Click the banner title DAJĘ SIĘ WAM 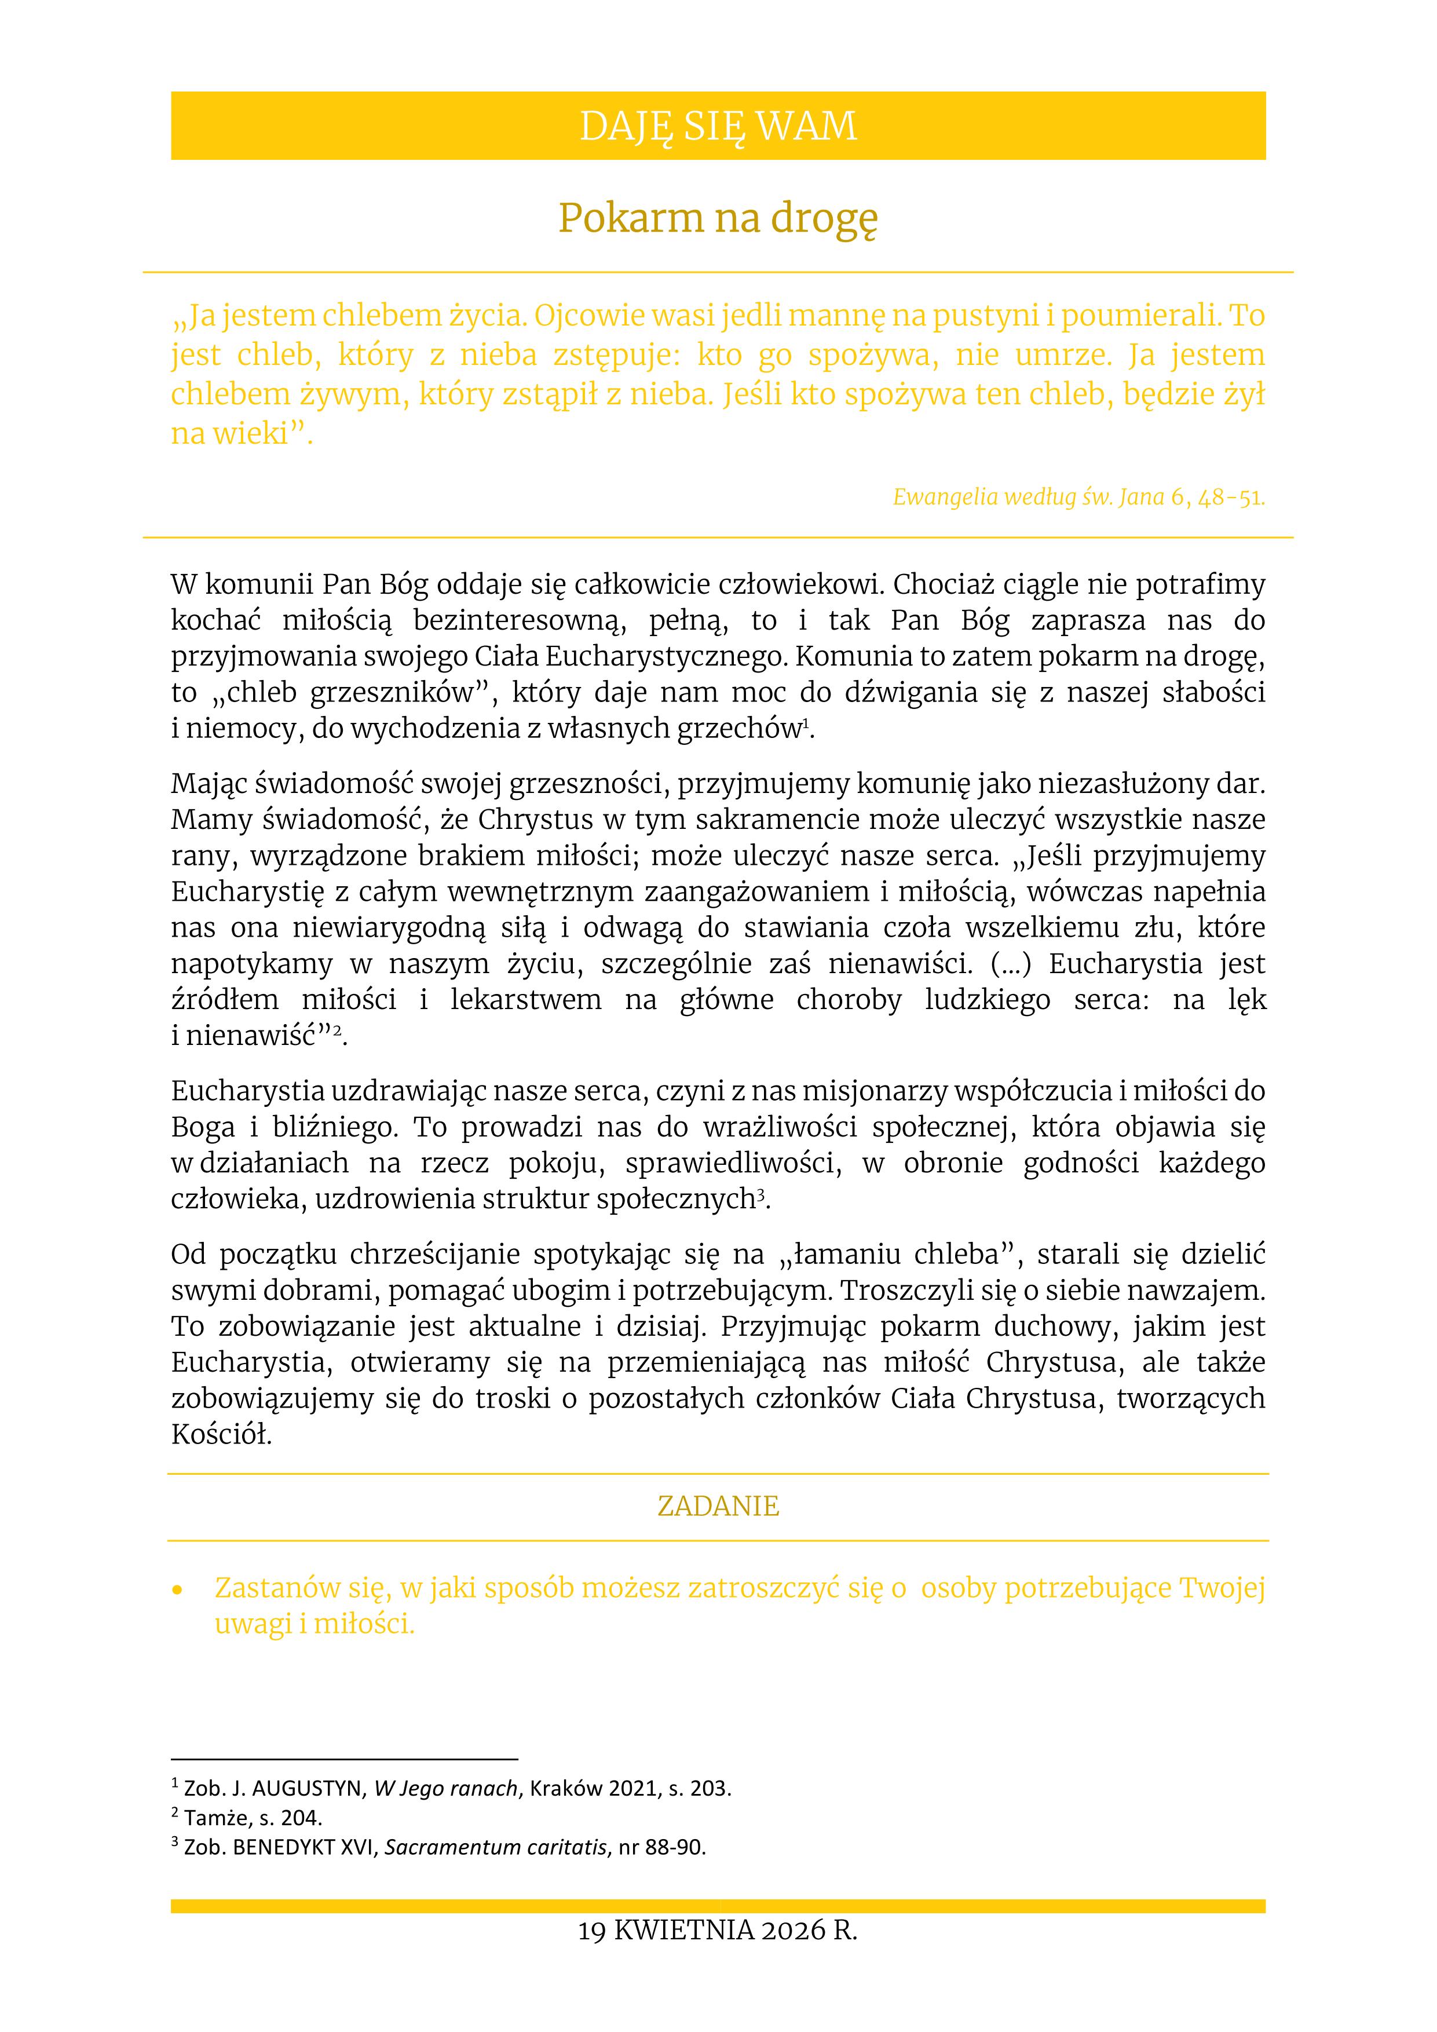coord(718,126)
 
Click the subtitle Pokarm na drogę coord(718,218)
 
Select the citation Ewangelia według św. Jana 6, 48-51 coord(1078,498)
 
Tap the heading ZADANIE coord(718,1505)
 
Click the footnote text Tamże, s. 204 coord(253,1818)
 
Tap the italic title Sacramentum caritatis coord(496,1847)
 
